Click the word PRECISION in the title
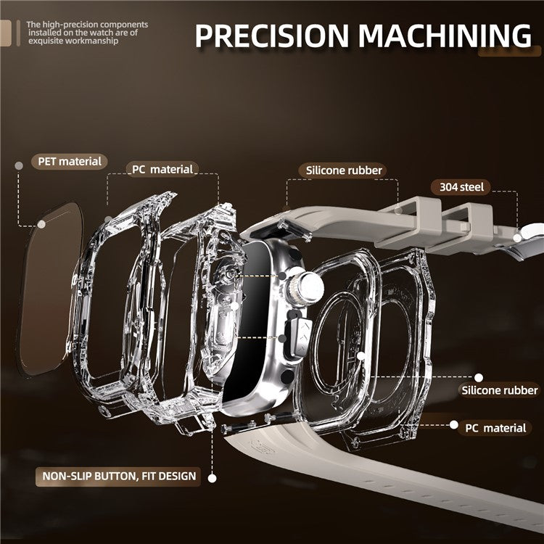[x=271, y=36]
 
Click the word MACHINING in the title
[x=445, y=36]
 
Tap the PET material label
[x=70, y=161]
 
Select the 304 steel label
[x=461, y=187]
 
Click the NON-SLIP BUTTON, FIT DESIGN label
[x=118, y=476]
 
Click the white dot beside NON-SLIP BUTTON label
[x=212, y=479]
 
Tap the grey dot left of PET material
[x=19, y=166]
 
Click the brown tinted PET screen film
[x=50, y=288]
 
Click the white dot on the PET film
[x=41, y=224]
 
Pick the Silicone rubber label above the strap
[x=343, y=170]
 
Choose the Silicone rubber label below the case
[x=499, y=390]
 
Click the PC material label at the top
[x=162, y=169]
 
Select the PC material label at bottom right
[x=495, y=428]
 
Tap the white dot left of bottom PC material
[x=454, y=424]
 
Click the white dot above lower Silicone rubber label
[x=479, y=377]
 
